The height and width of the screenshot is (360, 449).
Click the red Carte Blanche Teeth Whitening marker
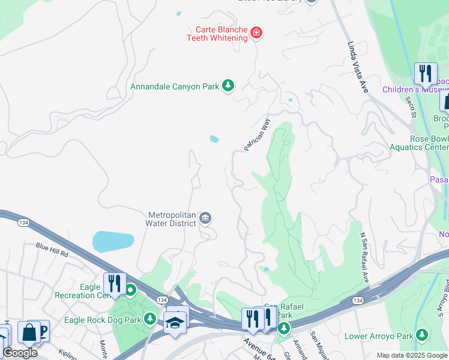click(256, 32)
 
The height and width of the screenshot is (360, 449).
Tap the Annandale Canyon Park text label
click(175, 86)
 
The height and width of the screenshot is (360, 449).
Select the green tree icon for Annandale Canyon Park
click(228, 86)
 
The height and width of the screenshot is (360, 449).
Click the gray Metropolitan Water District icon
click(206, 218)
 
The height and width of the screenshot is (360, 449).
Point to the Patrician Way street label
click(258, 134)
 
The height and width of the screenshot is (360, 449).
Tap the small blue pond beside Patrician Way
click(214, 140)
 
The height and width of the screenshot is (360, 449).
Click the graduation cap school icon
click(174, 322)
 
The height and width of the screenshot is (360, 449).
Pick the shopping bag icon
click(28, 332)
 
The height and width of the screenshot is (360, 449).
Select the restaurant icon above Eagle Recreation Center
click(114, 283)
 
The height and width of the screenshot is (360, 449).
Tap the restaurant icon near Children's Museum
click(426, 73)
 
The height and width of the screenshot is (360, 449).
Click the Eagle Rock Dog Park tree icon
click(151, 319)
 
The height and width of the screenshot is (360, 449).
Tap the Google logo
click(19, 353)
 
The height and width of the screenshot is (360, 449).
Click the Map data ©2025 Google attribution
click(411, 355)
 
